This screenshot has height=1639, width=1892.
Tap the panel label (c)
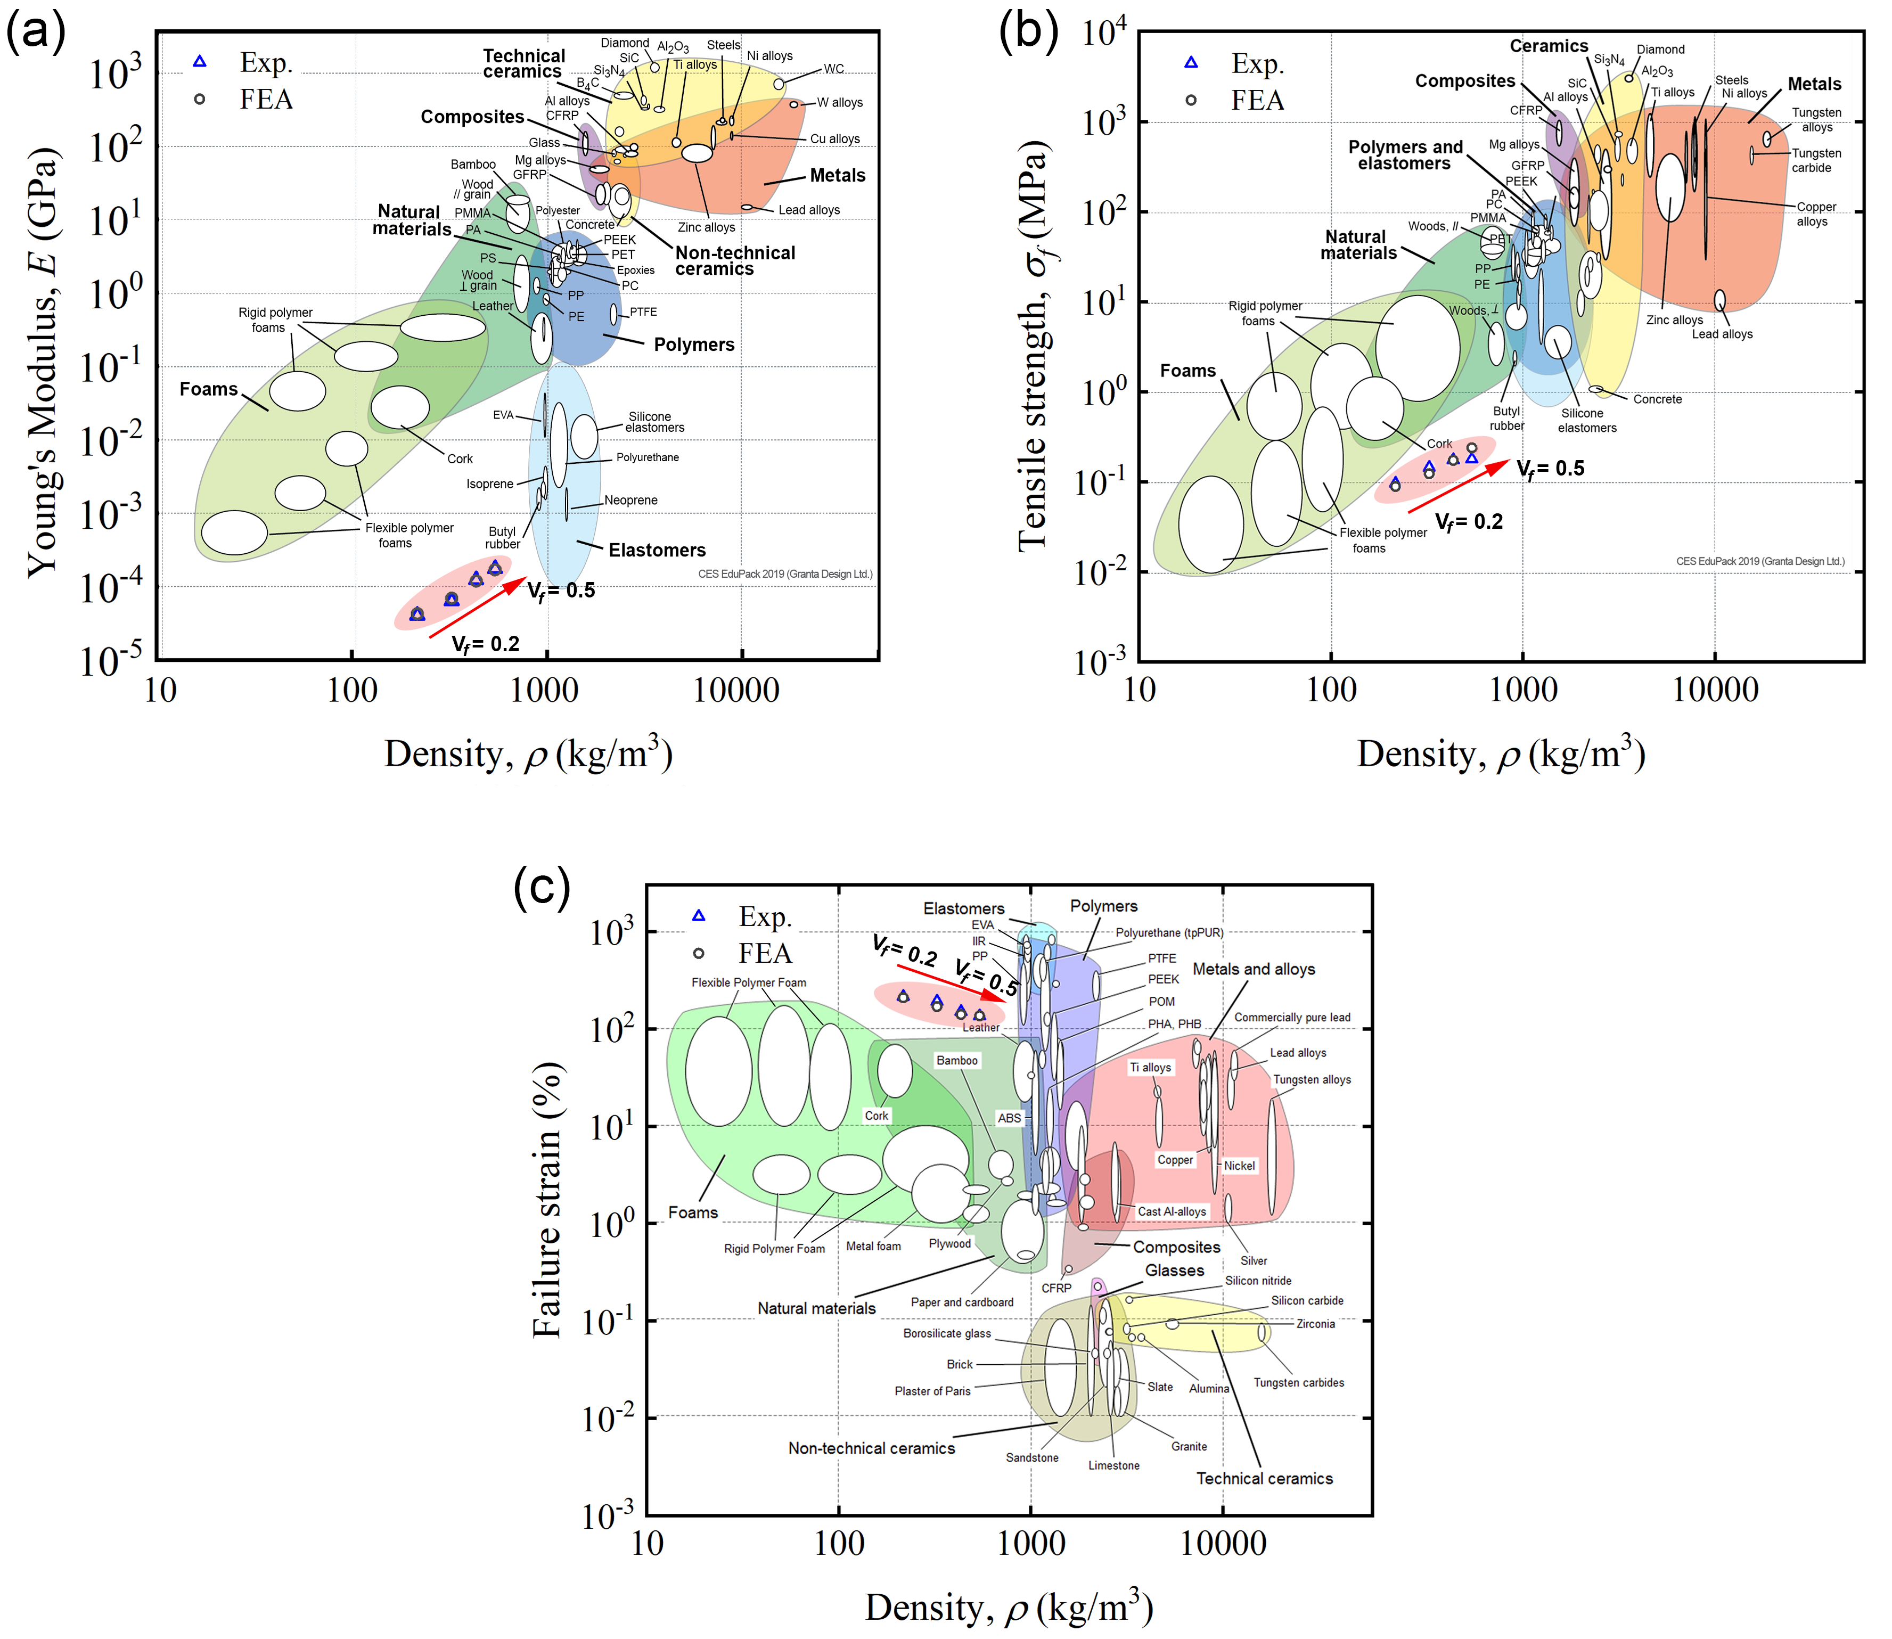(x=542, y=886)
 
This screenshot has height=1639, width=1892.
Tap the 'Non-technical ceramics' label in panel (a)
(x=735, y=261)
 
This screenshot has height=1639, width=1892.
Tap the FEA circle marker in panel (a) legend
(x=199, y=99)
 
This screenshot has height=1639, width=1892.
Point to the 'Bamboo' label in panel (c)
(x=956, y=1060)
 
